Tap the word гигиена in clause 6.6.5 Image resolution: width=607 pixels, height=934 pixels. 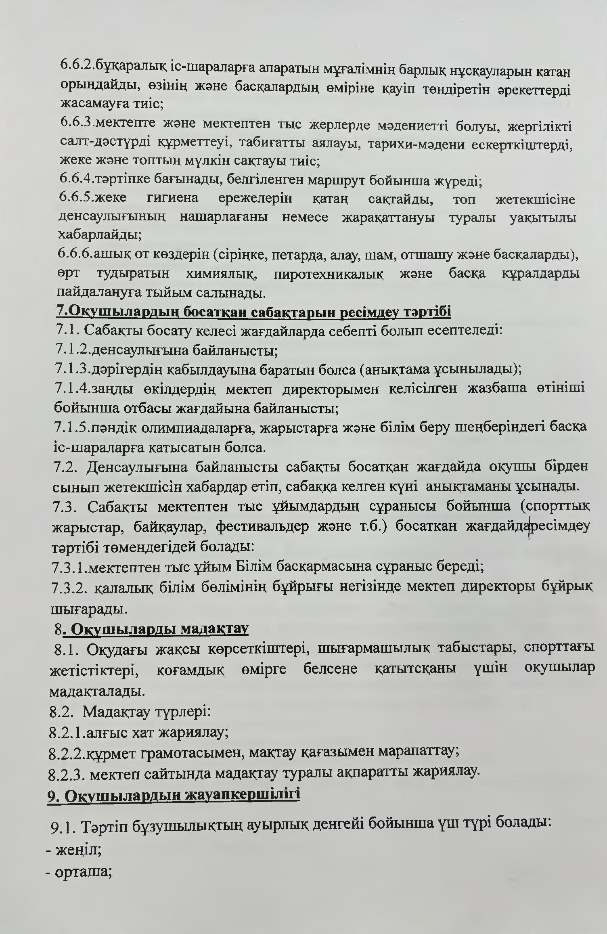pos(173,199)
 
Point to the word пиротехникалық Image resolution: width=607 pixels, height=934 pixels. pos(329,274)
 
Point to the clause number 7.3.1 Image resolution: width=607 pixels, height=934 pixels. pos(69,567)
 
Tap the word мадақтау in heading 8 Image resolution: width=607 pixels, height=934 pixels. pos(214,629)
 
